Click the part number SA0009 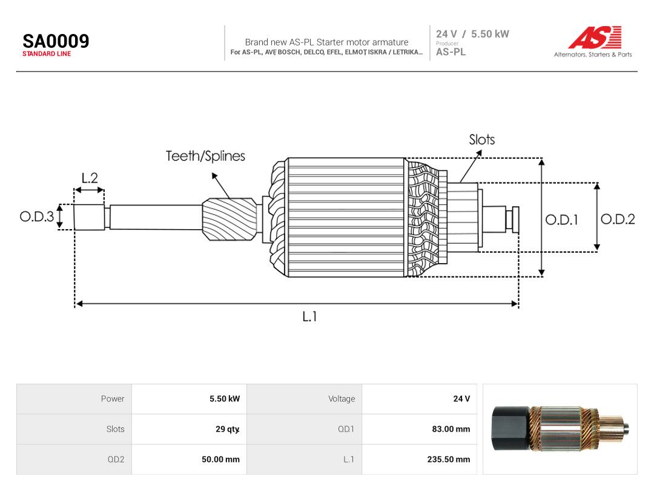click(x=56, y=41)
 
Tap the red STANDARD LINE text click(x=47, y=54)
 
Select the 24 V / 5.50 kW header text click(x=472, y=34)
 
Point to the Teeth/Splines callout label click(x=206, y=156)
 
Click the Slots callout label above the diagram click(x=482, y=139)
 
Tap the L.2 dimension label click(x=90, y=178)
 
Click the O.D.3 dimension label click(x=37, y=216)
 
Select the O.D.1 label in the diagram click(x=562, y=219)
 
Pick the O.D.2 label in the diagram click(x=618, y=219)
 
